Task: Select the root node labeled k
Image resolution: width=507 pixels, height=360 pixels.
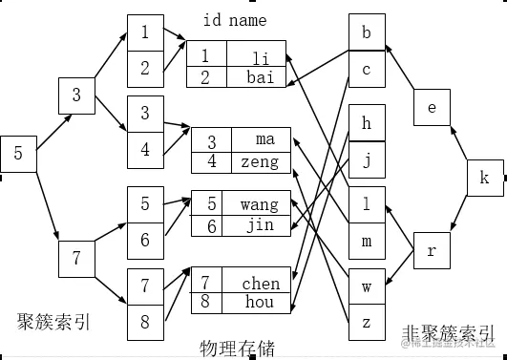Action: coord(484,178)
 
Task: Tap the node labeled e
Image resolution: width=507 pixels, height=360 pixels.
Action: coord(432,107)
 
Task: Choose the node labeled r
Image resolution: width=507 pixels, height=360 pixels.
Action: coord(432,250)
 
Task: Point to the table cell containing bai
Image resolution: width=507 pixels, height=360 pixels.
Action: coord(260,76)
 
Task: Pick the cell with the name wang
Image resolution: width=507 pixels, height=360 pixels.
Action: coord(259,204)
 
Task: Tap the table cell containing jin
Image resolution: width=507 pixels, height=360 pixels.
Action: coord(259,225)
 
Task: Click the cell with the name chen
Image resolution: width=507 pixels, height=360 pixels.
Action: coord(261,283)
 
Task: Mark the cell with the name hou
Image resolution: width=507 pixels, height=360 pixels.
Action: coord(260,303)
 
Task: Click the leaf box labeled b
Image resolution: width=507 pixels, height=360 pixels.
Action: coord(367,32)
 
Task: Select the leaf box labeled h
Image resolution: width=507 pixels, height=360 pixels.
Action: coord(367,122)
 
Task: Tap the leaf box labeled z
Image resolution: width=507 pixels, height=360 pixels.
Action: coord(367,322)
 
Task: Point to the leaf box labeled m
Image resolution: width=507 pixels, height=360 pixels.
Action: coord(367,241)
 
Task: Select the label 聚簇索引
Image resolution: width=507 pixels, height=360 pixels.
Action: coord(54,321)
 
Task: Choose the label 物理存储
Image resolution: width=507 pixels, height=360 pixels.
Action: coord(238,347)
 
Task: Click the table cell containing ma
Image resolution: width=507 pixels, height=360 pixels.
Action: coord(264,139)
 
